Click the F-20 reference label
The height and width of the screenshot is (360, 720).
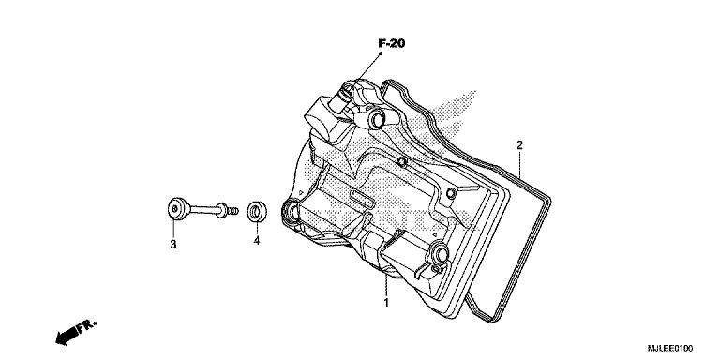pos(391,43)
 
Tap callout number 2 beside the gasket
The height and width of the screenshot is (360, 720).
pos(518,145)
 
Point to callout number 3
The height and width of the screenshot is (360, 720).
pos(173,245)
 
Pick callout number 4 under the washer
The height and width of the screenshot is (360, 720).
pos(256,242)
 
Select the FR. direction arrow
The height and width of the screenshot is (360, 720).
pos(69,332)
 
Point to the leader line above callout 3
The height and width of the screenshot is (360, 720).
pos(174,229)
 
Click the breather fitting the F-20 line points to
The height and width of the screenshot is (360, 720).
pos(348,93)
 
